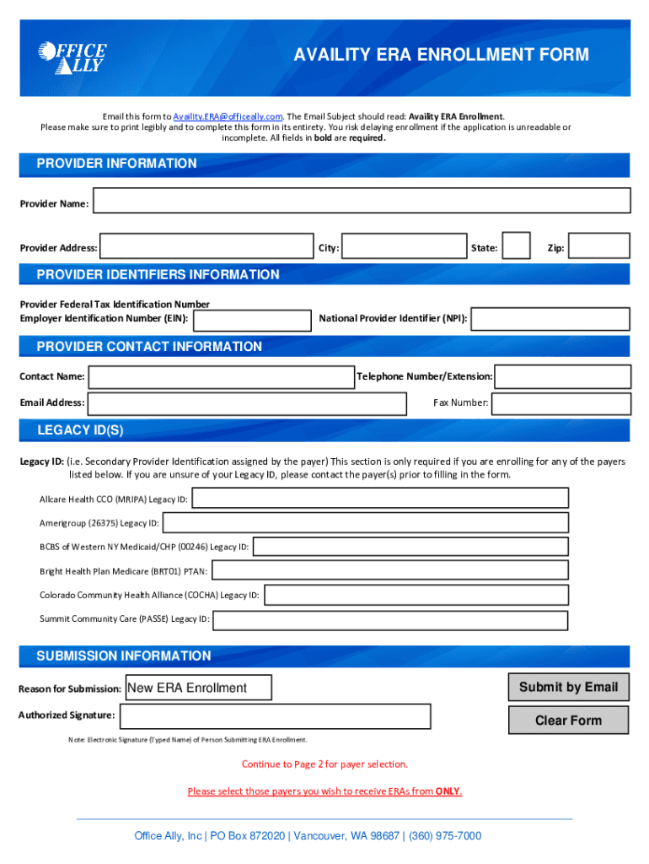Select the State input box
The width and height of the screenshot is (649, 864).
(516, 246)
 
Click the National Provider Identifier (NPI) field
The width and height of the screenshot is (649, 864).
(550, 319)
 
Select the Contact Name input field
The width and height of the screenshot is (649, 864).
(221, 376)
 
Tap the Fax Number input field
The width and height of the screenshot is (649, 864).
(560, 403)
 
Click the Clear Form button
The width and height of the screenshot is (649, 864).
(568, 721)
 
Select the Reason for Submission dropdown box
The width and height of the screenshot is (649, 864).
(199, 688)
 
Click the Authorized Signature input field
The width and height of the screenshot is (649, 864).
(275, 716)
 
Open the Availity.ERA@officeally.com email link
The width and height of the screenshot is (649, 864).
(228, 116)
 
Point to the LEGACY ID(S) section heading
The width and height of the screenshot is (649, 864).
(80, 430)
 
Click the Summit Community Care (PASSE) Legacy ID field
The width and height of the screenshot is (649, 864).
(390, 620)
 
